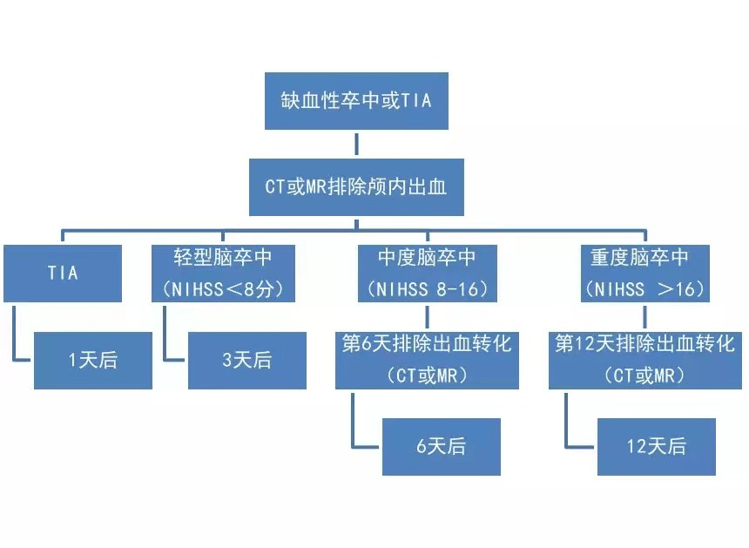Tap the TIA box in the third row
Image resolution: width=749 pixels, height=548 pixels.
pos(62,273)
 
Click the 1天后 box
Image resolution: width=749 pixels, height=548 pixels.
pos(92,360)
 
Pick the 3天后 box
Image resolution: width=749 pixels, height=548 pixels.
pos(246,360)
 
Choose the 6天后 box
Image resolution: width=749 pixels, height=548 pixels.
pos(441,446)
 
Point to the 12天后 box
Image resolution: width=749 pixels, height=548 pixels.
pos(656,446)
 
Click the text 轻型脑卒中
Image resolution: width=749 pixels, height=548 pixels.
pos(223,258)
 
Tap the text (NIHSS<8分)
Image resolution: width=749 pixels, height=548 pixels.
pos(223,288)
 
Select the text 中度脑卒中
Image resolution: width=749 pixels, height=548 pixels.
pos(427,258)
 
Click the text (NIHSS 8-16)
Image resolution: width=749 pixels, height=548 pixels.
pos(427,288)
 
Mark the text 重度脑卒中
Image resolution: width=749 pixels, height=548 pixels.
pos(640,258)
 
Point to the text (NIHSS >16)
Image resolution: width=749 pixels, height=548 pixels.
pos(640,288)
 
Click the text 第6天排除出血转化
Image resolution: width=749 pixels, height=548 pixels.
pos(427,344)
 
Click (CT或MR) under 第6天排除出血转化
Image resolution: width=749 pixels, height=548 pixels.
pos(427,375)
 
